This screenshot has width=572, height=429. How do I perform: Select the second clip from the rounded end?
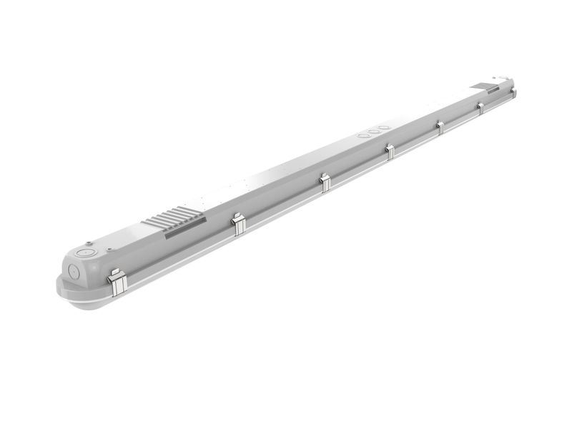pyautogui.click(x=239, y=224)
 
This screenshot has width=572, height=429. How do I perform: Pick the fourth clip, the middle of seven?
pyautogui.click(x=390, y=151)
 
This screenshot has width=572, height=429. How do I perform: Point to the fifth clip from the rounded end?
pyautogui.click(x=440, y=127)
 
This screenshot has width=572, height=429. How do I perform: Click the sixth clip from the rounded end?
pyautogui.click(x=480, y=107)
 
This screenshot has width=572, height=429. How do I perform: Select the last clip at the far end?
pyautogui.click(x=513, y=92)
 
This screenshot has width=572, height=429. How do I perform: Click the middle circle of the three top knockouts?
pyautogui.click(x=374, y=130)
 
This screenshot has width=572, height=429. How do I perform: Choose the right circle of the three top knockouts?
pyautogui.click(x=385, y=127)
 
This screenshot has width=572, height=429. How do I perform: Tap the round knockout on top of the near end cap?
pyautogui.click(x=87, y=252)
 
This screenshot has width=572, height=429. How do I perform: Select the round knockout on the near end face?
pyautogui.click(x=73, y=270)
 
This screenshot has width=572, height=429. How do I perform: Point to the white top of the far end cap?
pyautogui.click(x=501, y=77)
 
